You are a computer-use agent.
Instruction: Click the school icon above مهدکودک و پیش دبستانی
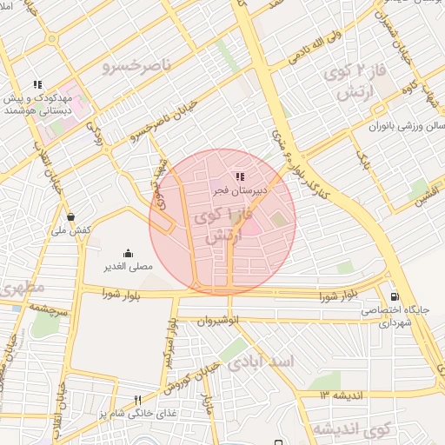click(37, 85)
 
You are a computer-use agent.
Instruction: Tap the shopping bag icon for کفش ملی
click(70, 216)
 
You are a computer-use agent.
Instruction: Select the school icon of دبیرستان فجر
click(240, 176)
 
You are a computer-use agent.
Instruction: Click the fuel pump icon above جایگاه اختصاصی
click(396, 296)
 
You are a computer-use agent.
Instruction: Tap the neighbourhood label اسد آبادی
click(261, 361)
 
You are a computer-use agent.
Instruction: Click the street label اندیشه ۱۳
click(336, 395)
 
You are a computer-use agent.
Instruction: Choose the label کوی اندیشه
click(340, 429)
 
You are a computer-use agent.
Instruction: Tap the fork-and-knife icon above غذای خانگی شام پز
click(136, 399)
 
